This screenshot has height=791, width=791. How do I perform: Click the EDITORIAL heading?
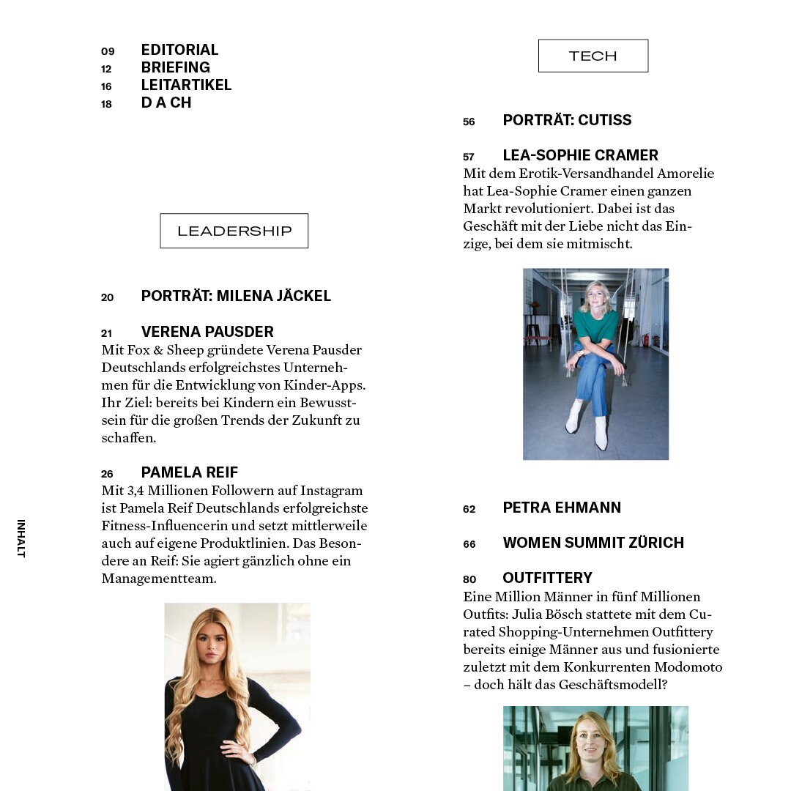coord(179,50)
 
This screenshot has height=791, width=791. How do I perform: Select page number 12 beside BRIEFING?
coord(106,69)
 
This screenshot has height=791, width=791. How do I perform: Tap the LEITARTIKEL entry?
coord(186,85)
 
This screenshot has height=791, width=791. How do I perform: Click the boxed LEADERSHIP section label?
coord(234,231)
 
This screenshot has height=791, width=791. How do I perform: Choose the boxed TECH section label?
coord(593,56)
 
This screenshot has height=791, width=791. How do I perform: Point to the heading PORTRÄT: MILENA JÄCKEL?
coord(236,296)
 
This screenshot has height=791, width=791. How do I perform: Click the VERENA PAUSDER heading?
coord(207,332)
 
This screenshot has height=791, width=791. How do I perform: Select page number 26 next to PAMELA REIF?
coord(107,474)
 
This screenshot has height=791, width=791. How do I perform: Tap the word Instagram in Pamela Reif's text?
coord(329,491)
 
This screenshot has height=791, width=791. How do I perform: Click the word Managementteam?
coord(159,579)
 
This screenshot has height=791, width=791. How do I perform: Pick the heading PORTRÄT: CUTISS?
coord(567,120)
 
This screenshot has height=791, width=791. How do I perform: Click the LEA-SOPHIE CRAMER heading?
coord(580,155)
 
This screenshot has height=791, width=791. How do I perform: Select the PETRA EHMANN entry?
coord(562,508)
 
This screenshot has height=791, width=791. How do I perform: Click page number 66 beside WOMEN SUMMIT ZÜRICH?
coord(469,544)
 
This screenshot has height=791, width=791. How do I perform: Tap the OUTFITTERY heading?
coord(547,578)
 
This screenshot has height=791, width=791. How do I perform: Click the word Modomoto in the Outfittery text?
coord(688,667)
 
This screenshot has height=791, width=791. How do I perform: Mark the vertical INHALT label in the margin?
coord(21,538)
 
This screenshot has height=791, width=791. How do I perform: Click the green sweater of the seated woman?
coord(595,324)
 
